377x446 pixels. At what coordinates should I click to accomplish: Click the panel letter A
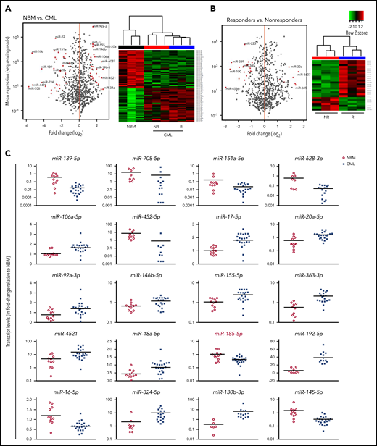(7, 7)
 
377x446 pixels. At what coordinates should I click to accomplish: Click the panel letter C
(7, 154)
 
